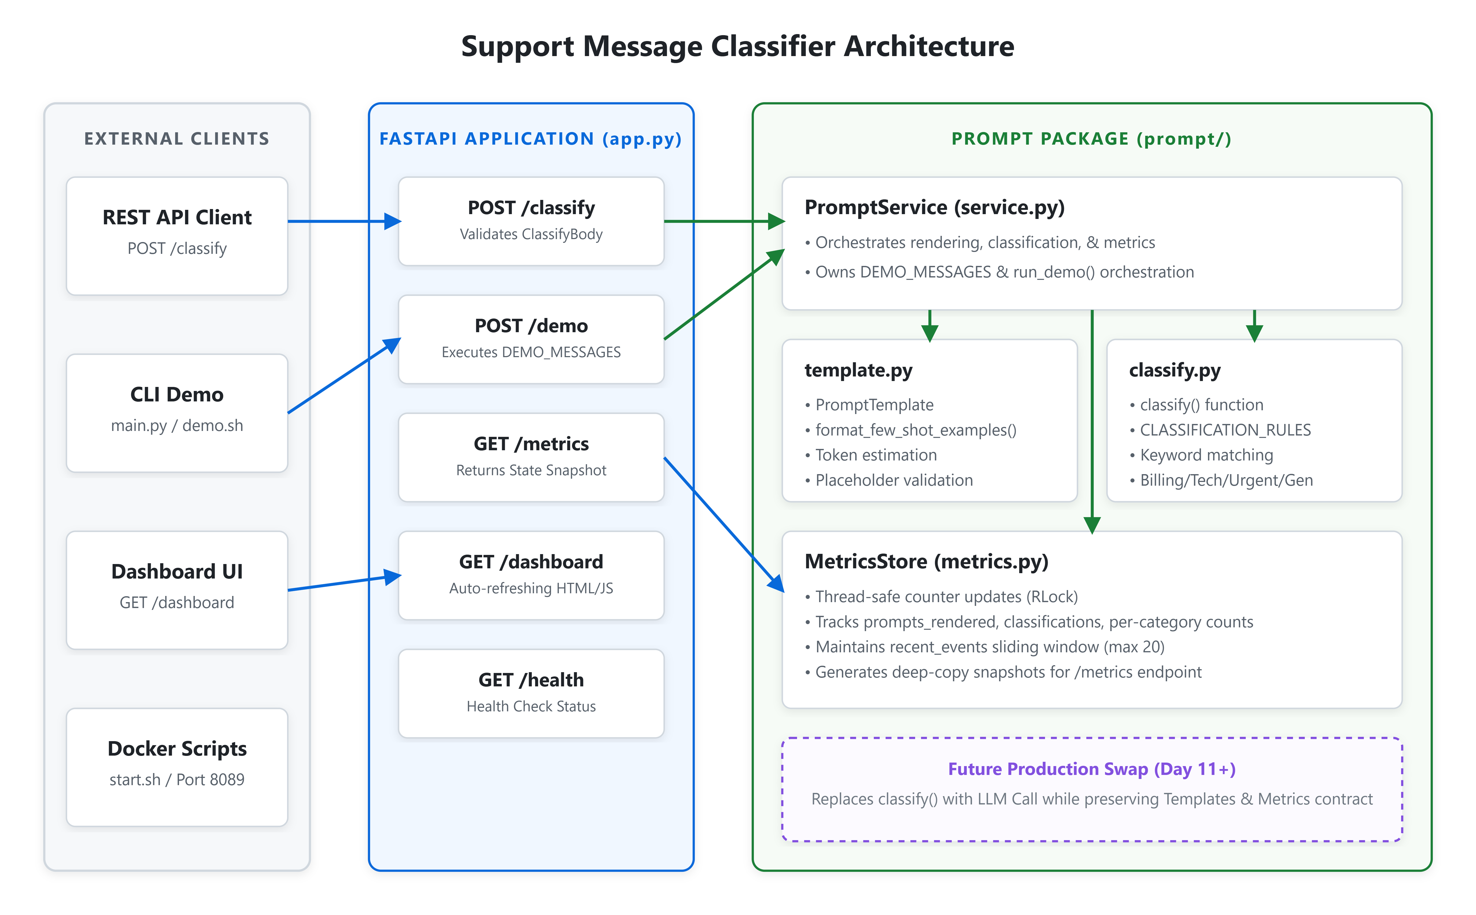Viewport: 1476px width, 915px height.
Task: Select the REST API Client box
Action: pyautogui.click(x=177, y=236)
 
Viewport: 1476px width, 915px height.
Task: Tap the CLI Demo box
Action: pyautogui.click(x=177, y=413)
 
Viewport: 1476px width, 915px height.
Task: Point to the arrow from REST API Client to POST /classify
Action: pyautogui.click(x=344, y=221)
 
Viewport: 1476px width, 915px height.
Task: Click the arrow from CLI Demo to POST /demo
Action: pyautogui.click(x=344, y=376)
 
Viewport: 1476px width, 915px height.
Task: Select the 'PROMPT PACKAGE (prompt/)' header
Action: pyautogui.click(x=1091, y=139)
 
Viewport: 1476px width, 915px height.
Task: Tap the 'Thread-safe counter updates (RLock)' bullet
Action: pyautogui.click(x=941, y=597)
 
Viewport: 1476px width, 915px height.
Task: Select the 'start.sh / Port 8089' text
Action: pyautogui.click(x=177, y=779)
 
